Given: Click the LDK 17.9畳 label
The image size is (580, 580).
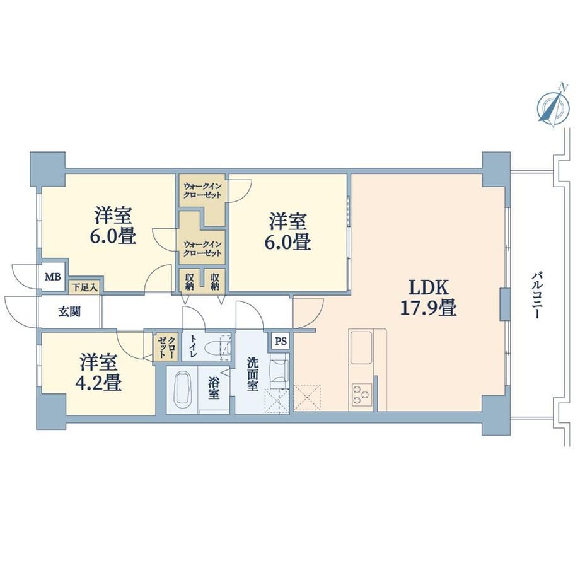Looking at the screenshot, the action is [429, 298].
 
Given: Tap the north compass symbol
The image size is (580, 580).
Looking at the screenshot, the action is [553, 106].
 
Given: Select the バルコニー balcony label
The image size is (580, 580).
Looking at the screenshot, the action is [536, 296].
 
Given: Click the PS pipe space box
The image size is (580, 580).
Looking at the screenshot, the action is [281, 340].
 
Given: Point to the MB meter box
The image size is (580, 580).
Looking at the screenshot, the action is [53, 276].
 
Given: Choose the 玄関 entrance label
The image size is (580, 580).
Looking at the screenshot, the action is [69, 312].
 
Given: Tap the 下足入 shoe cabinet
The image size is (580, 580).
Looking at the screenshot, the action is [85, 286].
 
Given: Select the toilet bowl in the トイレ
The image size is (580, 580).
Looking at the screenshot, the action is [219, 347].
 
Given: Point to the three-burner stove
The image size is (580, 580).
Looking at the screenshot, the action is [361, 395].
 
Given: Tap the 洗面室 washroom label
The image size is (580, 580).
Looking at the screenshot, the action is [253, 374].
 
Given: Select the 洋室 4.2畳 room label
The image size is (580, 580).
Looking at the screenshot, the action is [99, 373].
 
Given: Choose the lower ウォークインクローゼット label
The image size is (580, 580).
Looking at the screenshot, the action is [203, 248].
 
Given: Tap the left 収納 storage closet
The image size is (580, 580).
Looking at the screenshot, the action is [190, 282].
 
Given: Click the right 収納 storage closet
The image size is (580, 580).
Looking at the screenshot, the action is [215, 282].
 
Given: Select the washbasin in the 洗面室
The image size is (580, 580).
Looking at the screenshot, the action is [279, 371].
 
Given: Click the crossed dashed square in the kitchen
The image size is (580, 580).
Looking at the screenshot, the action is [307, 398].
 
